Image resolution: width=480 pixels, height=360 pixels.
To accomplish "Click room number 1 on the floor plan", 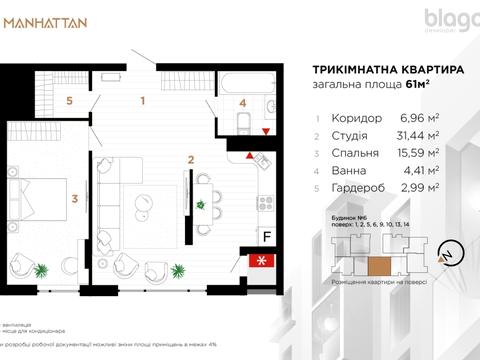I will click(x=143, y=100).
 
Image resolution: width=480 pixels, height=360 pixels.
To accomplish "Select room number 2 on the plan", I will click(x=189, y=158).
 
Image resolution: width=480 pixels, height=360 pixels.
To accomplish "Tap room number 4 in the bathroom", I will click(x=243, y=102).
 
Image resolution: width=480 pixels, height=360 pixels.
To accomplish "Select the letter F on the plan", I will click(x=266, y=236).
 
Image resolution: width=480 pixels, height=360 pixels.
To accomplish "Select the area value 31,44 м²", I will click(x=426, y=135).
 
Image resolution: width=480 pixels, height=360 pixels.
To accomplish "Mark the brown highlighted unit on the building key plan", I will click(x=378, y=264).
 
